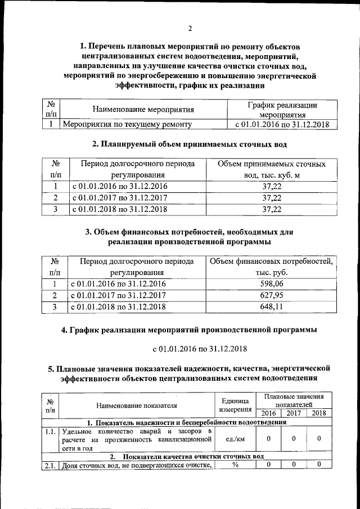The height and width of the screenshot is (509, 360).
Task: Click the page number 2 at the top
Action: pos(190,29)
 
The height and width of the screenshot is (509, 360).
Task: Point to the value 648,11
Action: pos(272,307)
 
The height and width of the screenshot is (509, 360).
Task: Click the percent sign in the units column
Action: pos(235,464)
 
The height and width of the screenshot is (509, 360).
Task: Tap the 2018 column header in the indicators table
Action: pos(319,413)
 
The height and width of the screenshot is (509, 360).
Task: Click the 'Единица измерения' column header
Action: pos(235,405)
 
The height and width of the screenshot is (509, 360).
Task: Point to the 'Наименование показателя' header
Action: pos(137,405)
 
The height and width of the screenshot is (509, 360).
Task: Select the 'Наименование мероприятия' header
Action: pos(143,110)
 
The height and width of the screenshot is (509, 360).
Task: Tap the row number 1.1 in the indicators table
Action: pos(51,431)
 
